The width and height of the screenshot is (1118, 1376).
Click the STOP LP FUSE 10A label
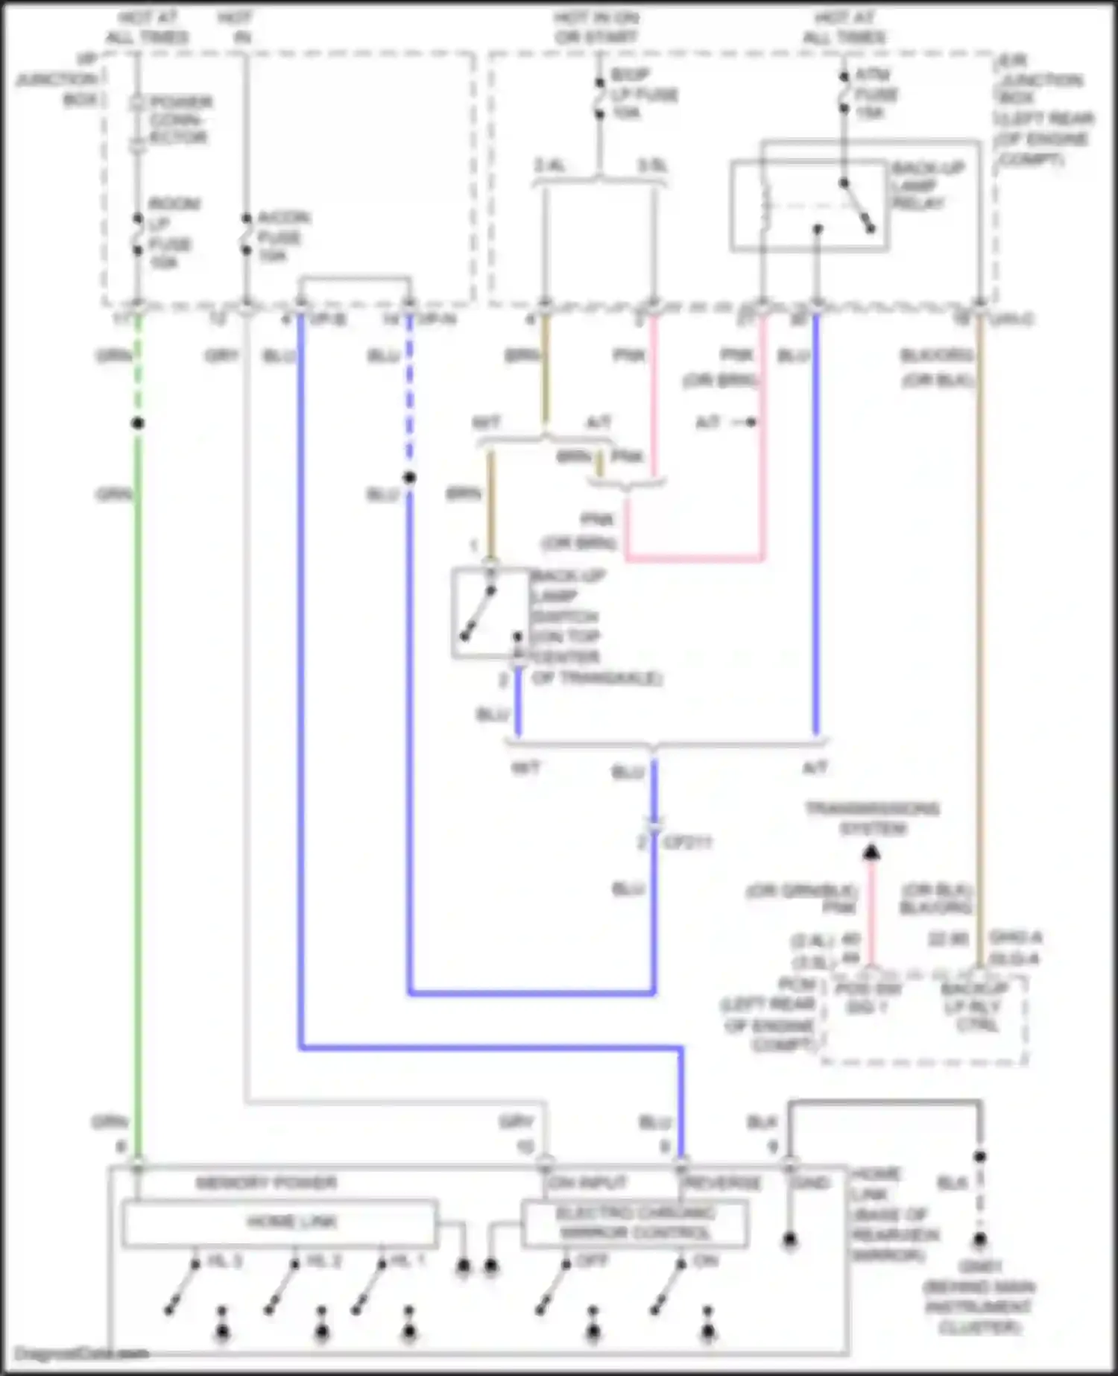643,94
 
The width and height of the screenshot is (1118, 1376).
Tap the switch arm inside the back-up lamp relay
857,204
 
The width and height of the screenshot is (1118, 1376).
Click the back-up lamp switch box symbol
490,613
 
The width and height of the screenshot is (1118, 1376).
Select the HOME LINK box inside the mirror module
279,1222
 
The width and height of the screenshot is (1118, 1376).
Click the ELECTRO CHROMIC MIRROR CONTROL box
634,1223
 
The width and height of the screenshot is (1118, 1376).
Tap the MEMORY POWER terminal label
266,1183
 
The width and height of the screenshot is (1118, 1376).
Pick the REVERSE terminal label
721,1183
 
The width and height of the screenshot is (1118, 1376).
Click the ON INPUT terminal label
588,1183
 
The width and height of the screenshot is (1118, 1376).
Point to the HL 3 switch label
224,1261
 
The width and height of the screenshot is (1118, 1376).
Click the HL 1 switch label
408,1261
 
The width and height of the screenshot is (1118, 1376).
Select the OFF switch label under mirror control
593,1261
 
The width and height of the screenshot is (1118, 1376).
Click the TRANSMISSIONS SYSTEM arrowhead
871,852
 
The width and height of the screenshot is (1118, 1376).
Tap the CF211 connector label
686,843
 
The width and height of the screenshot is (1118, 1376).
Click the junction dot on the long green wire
138,423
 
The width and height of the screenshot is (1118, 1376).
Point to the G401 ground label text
979,1266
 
